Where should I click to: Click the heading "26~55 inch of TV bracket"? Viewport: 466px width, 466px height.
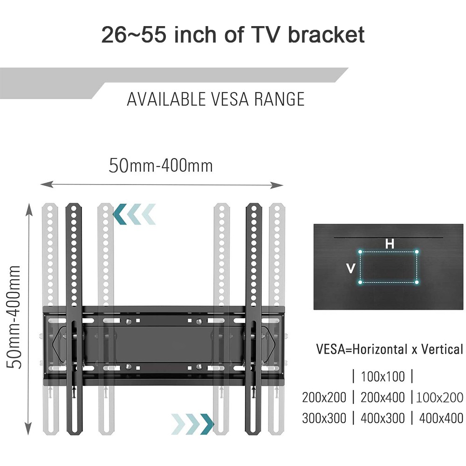[233, 35]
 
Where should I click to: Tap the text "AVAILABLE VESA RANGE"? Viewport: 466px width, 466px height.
[216, 99]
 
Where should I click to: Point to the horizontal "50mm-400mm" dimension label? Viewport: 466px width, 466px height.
[161, 165]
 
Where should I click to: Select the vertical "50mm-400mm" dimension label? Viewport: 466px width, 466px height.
[15, 317]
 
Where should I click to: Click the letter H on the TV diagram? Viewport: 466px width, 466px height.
[390, 244]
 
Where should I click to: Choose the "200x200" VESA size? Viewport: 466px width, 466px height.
[324, 397]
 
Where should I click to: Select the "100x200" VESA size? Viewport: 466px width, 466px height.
[440, 397]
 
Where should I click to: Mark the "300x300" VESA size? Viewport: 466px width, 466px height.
[324, 418]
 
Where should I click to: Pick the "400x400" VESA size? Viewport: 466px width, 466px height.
[441, 418]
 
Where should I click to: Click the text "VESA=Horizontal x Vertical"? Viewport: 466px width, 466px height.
[390, 349]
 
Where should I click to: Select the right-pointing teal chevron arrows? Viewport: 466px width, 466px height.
[192, 423]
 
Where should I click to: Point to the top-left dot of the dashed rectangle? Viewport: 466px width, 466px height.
[361, 252]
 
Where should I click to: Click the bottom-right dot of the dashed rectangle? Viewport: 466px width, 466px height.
[417, 282]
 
